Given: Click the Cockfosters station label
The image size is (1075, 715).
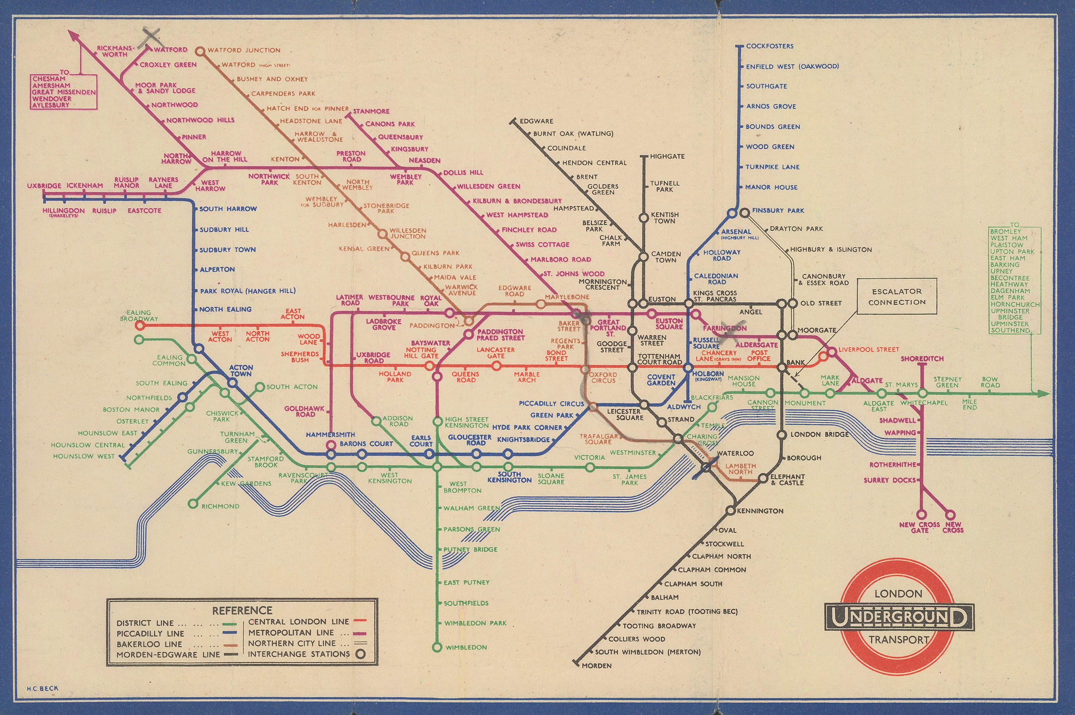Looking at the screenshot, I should pos(770,46).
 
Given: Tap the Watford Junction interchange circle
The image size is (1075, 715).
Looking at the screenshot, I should pos(200,52).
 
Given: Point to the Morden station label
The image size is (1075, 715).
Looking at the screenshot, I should pos(596,666).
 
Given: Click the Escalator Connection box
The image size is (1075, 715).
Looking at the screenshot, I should pos(897,297).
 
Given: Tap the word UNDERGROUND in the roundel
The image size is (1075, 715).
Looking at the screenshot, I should pos(899,617).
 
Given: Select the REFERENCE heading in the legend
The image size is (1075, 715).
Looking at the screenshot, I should pos(242,610).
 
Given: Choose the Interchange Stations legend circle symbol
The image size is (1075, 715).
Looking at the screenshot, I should pos(361,654).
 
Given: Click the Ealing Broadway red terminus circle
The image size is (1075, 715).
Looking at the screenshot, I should pos(140,325).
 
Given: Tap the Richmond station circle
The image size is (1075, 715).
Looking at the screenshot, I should pos(193,504).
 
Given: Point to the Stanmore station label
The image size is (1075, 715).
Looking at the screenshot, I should pos(371,111).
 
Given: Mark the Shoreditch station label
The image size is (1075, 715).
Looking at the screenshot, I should pos(922,359).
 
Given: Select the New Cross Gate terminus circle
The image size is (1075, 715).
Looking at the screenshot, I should pos(920,514).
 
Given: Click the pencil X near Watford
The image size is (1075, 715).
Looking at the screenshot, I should pos(151,36).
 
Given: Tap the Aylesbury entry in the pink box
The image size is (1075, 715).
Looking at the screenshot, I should pos(50,105).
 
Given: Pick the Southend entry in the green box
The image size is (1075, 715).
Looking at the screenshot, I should pos(1009,330).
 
